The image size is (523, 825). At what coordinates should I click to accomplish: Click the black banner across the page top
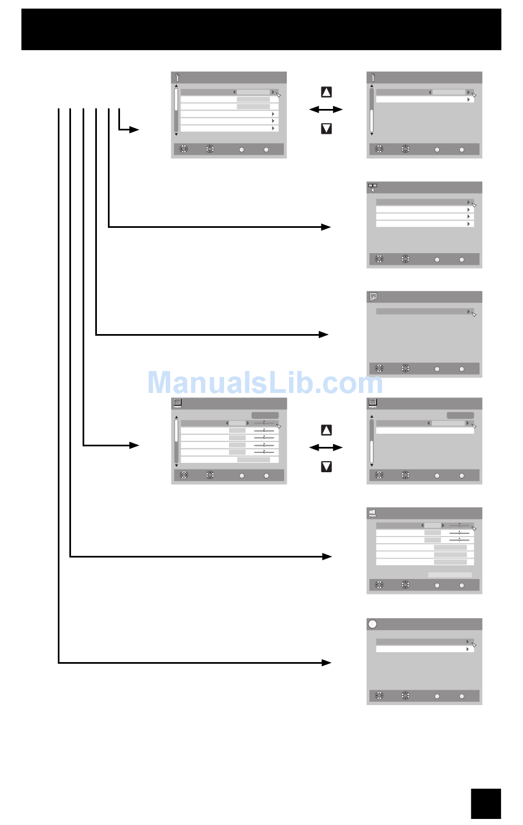pos(261,29)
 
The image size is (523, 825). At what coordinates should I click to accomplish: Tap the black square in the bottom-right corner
pos(486,804)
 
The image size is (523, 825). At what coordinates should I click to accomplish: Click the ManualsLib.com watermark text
pos(265,383)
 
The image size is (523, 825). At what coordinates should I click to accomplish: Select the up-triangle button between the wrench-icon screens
pos(326,92)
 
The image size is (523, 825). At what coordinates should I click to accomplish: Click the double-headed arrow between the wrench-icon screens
pos(326,110)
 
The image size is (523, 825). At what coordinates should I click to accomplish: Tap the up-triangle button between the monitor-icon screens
pos(326,430)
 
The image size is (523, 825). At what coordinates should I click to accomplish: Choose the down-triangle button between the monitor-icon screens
pos(326,467)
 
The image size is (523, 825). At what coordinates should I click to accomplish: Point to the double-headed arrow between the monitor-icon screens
pos(326,447)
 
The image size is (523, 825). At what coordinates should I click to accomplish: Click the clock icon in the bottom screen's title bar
pos(373,624)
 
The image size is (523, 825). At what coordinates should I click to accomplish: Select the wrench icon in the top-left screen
pos(177,78)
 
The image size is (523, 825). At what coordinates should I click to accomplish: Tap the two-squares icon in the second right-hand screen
pos(373,187)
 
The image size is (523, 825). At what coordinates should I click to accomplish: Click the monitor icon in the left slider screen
pos(177,403)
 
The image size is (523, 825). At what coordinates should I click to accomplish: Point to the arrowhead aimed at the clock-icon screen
pos(326,663)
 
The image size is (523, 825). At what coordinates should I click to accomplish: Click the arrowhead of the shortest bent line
pos(134,130)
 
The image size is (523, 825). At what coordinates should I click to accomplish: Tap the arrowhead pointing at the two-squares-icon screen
pos(326,227)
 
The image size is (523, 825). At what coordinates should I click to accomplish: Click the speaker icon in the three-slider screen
pos(373,513)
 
